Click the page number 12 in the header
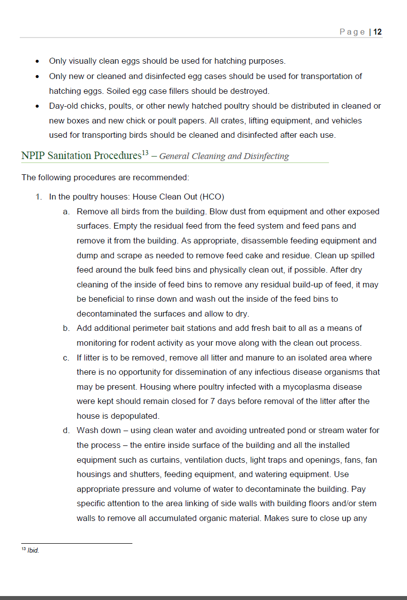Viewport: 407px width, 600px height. coord(377,32)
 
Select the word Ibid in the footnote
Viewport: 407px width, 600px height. coord(33,551)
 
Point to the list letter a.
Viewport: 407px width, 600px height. coord(66,212)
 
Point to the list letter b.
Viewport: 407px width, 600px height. coord(66,328)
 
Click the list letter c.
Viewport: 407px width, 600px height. coord(66,358)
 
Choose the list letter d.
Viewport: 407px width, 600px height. coord(66,431)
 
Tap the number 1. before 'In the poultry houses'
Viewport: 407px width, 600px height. coord(38,197)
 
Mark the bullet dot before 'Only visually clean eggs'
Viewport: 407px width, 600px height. coord(38,62)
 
